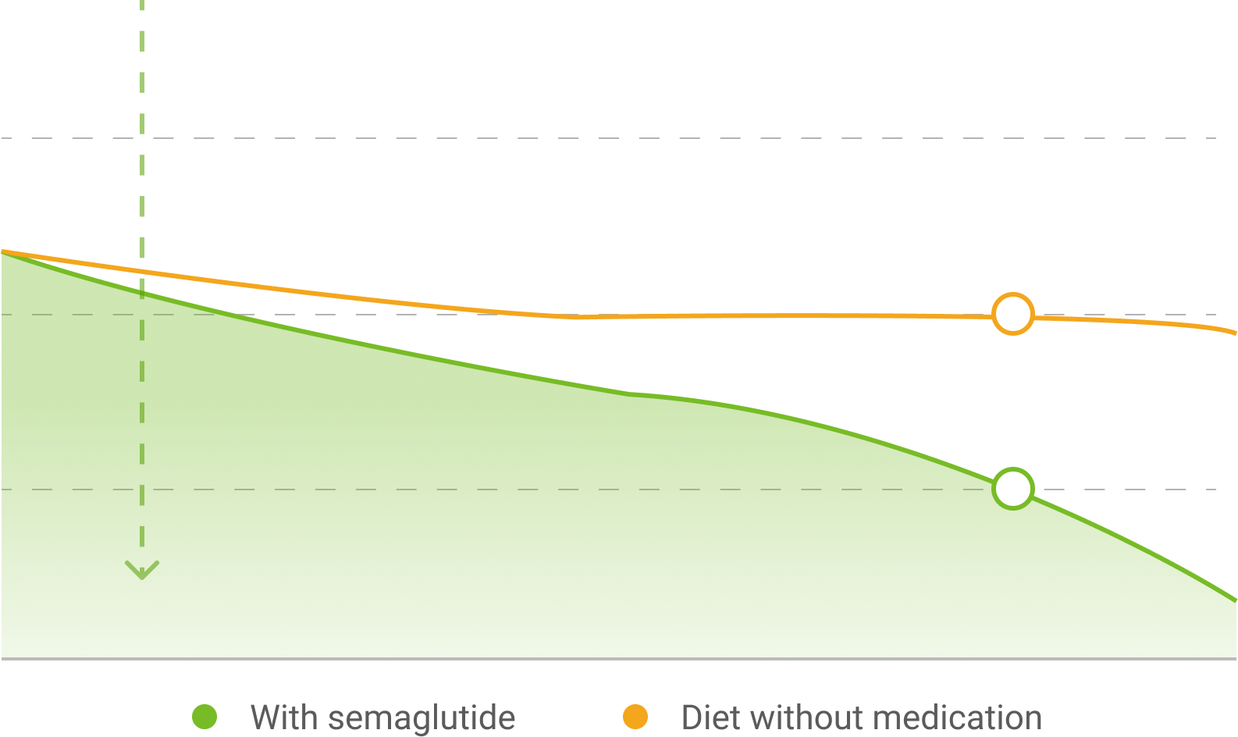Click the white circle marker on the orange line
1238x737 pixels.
click(1013, 314)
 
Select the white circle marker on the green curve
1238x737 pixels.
click(1013, 488)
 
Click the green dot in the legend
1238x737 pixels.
click(205, 717)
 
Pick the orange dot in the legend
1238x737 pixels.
click(635, 717)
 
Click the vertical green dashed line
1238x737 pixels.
click(142, 156)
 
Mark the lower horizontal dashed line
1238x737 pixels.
click(546, 490)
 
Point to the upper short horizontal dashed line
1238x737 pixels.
click(78, 315)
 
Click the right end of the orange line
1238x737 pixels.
click(1235, 333)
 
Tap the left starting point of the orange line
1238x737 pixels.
click(3, 251)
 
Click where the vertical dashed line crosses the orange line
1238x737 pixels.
click(142, 272)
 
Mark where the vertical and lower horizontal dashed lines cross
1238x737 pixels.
click(142, 490)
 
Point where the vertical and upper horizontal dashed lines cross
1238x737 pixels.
click(142, 315)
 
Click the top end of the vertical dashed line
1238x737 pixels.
click(142, 3)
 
